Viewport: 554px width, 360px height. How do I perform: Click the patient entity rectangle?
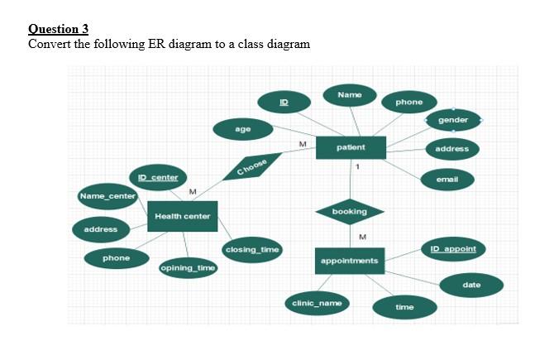[351, 147]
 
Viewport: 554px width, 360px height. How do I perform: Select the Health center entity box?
[182, 216]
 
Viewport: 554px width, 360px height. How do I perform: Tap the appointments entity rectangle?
[348, 261]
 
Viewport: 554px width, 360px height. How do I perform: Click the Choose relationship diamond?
[252, 166]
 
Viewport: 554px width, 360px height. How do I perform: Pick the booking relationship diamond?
[349, 212]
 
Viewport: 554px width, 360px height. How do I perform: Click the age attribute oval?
[243, 129]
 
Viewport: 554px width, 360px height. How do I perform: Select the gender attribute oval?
[453, 120]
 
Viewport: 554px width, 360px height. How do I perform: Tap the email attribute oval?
[447, 179]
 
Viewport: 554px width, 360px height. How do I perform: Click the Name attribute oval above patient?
[349, 95]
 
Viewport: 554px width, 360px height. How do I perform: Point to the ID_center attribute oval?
[157, 177]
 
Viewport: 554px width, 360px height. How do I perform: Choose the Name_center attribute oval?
[107, 196]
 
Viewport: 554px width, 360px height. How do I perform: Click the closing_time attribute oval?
[252, 249]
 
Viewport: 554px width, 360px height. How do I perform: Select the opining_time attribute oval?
[188, 268]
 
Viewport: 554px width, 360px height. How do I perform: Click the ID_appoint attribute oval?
[453, 248]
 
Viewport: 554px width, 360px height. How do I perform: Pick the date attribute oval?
[471, 285]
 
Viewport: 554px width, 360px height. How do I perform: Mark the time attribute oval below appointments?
[404, 307]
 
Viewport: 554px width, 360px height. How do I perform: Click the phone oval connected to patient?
[409, 102]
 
